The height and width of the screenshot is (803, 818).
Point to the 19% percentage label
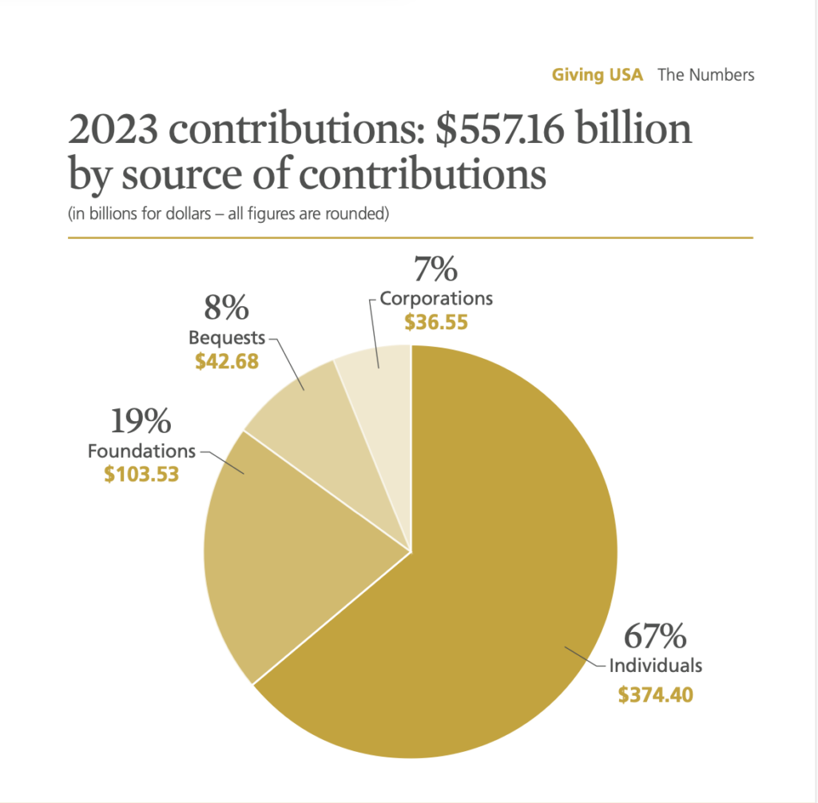(x=141, y=422)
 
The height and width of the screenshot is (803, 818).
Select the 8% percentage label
(x=227, y=308)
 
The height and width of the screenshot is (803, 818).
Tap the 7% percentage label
(x=435, y=269)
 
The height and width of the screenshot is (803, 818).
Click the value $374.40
(x=655, y=694)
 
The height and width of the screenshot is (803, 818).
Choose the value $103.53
(x=141, y=475)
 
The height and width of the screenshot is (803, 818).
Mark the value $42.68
(x=227, y=361)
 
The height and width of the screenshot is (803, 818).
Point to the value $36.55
(x=435, y=323)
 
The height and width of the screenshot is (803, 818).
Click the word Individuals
(x=656, y=665)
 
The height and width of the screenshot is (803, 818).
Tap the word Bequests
(x=227, y=336)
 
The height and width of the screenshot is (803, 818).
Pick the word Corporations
(x=436, y=298)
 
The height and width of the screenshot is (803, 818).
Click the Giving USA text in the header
(x=598, y=75)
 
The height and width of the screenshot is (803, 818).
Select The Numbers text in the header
(x=706, y=75)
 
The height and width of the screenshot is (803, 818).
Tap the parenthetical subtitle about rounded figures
(x=228, y=213)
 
